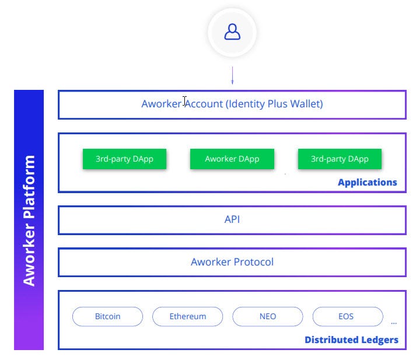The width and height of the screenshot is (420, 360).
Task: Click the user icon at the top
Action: point(232,32)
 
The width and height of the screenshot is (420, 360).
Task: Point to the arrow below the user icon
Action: point(232,75)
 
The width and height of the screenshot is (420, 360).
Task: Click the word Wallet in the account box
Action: point(307,104)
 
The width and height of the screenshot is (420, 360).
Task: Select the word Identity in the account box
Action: point(246,104)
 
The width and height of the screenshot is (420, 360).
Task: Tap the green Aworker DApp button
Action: point(232,159)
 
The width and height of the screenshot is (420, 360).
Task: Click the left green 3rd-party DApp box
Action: point(125,159)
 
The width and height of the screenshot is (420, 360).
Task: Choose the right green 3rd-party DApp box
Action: point(339,159)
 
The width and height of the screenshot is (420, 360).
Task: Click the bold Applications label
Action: point(367,183)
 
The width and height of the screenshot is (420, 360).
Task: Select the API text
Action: point(232,219)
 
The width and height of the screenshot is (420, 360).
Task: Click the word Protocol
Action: point(253,262)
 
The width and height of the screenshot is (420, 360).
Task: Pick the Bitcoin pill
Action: point(107,316)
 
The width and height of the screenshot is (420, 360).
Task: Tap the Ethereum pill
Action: point(187,316)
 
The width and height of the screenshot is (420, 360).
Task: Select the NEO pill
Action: point(268,316)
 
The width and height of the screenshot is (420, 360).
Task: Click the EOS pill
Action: point(348,316)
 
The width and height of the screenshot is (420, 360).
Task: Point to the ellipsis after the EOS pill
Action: point(394,323)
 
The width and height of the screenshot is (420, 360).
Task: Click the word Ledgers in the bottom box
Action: point(380,340)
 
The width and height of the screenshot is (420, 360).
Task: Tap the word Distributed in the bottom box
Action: point(331,340)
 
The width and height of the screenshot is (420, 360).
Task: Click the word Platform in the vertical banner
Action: point(29,187)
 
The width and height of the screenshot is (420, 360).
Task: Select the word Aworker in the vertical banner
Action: point(29,254)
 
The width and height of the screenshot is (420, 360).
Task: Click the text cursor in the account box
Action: point(184,102)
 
